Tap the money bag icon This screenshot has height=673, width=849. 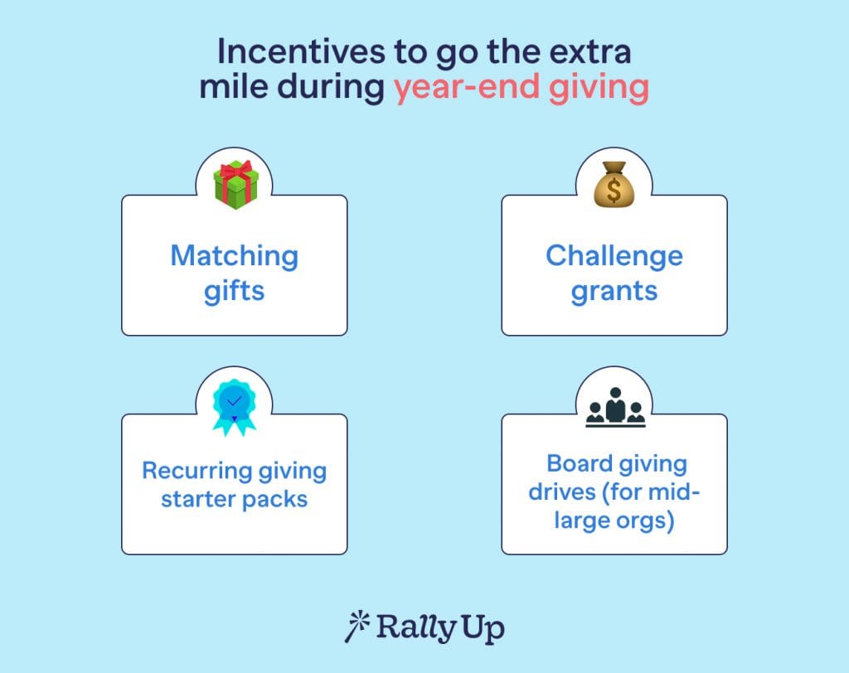[x=614, y=186]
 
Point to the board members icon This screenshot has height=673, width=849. [x=614, y=409]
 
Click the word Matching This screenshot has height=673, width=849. [x=235, y=255]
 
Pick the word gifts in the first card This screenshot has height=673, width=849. [x=235, y=291]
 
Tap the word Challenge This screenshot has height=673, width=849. [x=614, y=255]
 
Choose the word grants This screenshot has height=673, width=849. [x=614, y=291]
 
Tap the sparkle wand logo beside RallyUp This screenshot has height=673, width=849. [x=356, y=626]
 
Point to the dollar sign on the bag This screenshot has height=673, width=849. [x=614, y=191]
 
